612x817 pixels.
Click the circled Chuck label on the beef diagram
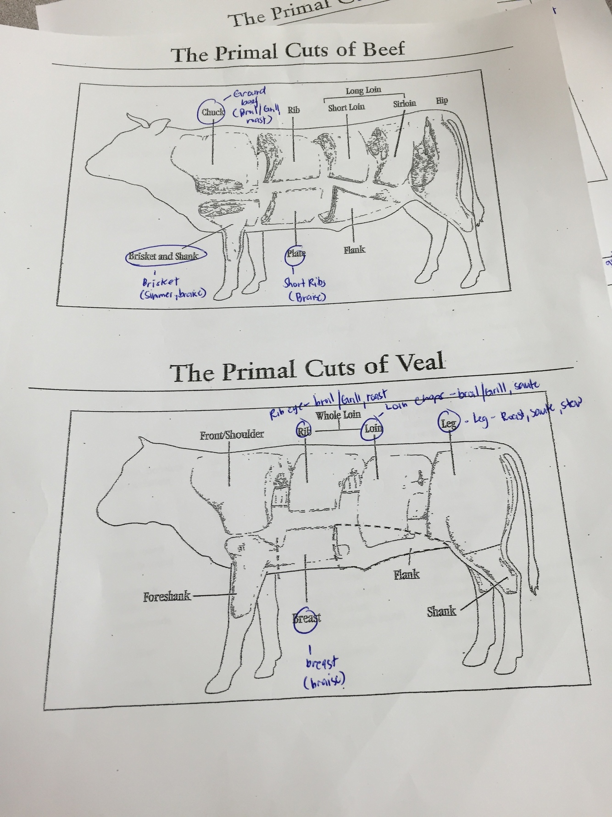(212, 112)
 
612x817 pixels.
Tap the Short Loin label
(346, 107)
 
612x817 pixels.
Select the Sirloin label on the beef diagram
(404, 103)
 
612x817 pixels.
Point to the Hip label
(442, 101)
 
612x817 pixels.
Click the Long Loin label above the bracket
(363, 90)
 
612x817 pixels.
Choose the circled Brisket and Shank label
(164, 256)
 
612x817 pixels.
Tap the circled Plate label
(295, 254)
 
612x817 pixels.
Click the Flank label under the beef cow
(355, 250)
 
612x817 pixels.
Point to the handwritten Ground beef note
(248, 98)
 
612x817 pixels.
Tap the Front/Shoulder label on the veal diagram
(232, 434)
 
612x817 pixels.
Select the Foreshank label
(167, 597)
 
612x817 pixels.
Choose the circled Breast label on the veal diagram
(306, 618)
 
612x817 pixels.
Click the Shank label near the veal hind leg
(441, 611)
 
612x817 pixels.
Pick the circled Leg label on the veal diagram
(448, 423)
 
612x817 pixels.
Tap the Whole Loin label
(338, 415)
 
